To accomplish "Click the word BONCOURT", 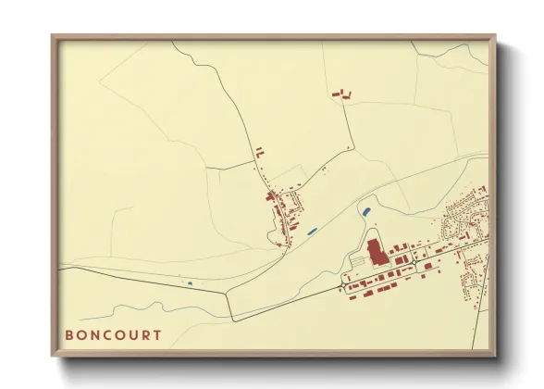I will pos(113,334).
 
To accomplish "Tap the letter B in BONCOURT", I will pos(69,334).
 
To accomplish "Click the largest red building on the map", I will pos(375,252).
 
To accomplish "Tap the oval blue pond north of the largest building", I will pos(367,212).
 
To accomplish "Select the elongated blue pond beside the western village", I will pos(314,229).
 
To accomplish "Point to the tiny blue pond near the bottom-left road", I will pos(190,282).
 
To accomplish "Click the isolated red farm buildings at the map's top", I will pos(341,93).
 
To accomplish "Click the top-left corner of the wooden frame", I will pos(53,36).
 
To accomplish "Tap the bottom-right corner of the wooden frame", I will pos(495,356).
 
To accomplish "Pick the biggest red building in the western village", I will pos(276,196).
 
